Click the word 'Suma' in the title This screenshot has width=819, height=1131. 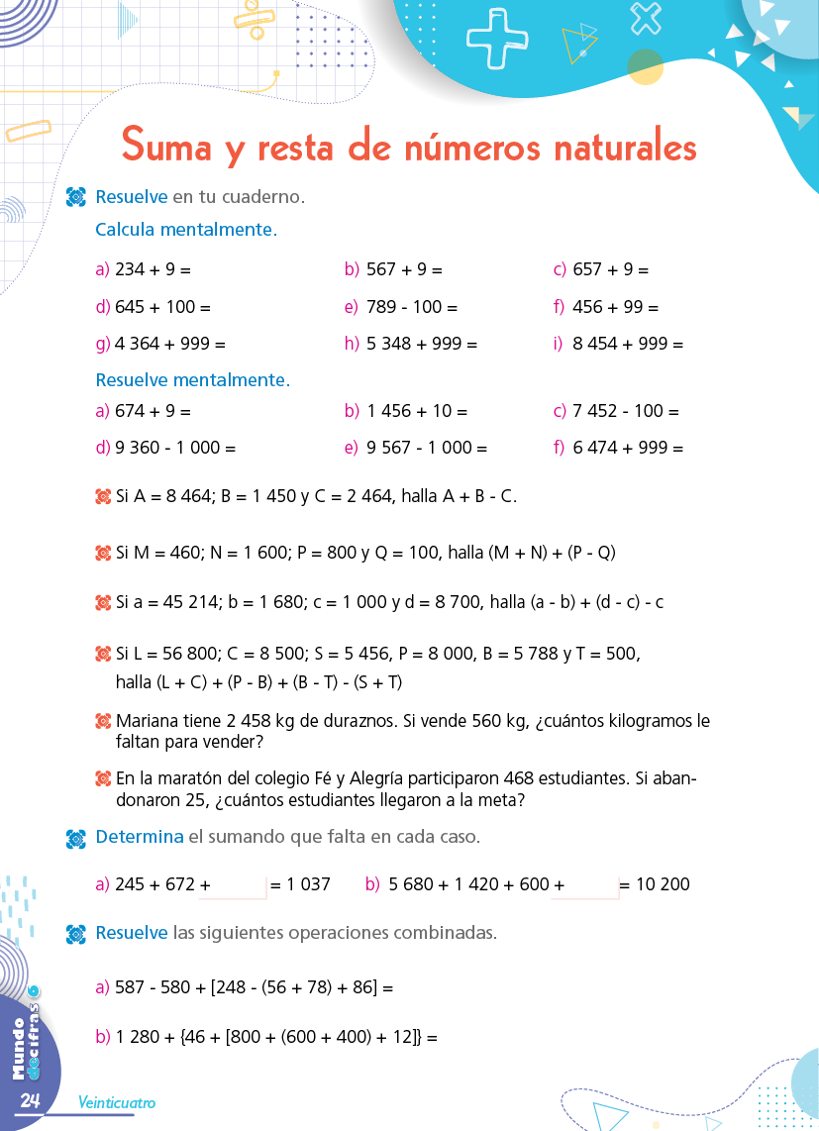click(x=166, y=147)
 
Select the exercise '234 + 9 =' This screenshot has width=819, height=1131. click(x=153, y=269)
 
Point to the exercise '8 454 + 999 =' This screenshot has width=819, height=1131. click(x=628, y=345)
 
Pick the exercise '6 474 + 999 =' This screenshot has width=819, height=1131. click(x=628, y=448)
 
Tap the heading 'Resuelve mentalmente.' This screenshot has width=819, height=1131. click(x=193, y=379)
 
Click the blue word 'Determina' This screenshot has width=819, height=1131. click(x=140, y=837)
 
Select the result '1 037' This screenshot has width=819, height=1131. click(x=308, y=884)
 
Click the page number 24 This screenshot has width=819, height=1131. click(x=29, y=1101)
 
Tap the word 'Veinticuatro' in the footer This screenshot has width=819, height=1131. click(x=117, y=1102)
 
